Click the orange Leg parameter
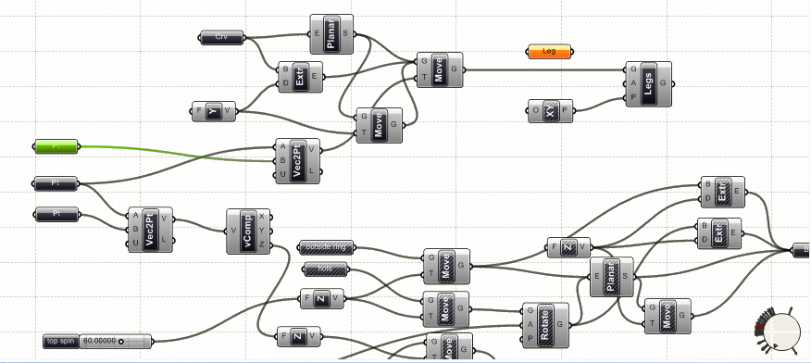point(548,52)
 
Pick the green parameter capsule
point(57,146)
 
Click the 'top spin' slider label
point(61,342)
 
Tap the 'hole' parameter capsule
point(325,269)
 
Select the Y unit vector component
point(214,112)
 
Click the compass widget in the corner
point(781,331)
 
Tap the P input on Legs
point(633,97)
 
